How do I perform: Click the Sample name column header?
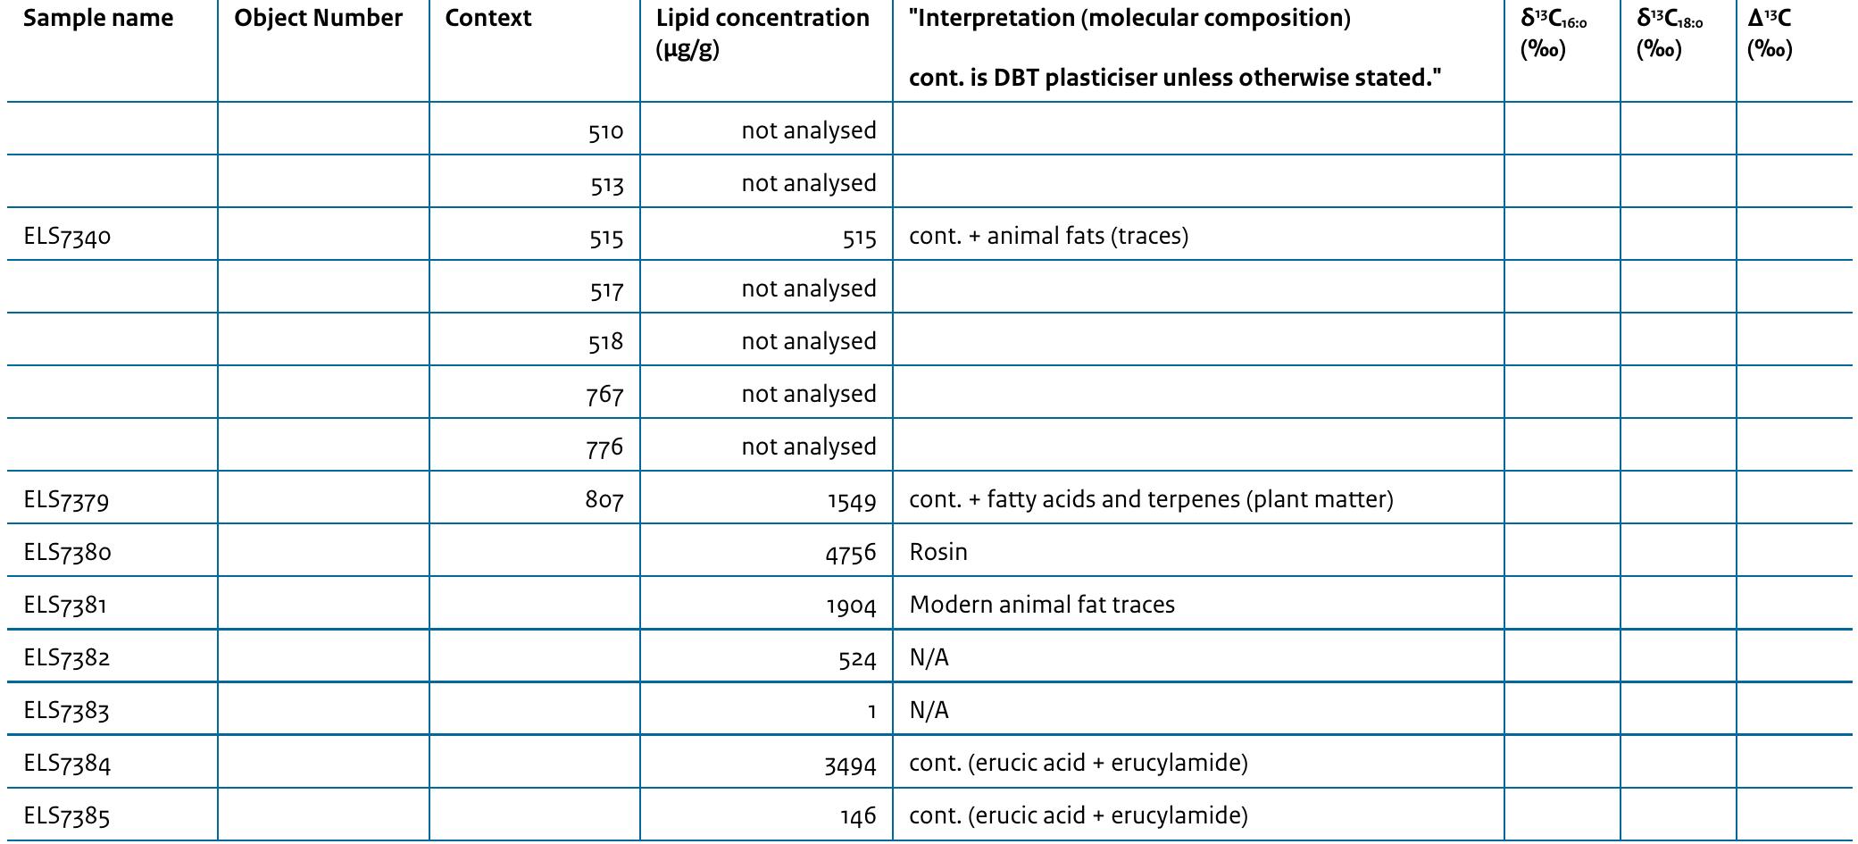click(98, 19)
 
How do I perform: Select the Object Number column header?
click(318, 19)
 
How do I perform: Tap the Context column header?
click(487, 19)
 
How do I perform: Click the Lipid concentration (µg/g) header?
click(762, 33)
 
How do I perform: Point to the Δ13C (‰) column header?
click(1769, 33)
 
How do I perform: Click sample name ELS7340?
click(68, 237)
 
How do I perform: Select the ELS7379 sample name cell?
click(67, 500)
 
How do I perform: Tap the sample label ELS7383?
click(67, 711)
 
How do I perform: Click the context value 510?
click(605, 131)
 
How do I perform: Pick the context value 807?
click(604, 500)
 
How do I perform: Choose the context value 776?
click(604, 447)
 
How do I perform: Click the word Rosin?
click(938, 552)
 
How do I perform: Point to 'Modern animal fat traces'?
click(1042, 605)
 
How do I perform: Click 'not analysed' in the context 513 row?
click(808, 184)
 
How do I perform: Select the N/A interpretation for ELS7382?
click(929, 658)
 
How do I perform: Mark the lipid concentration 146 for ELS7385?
click(858, 816)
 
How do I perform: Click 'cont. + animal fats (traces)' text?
click(1048, 237)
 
